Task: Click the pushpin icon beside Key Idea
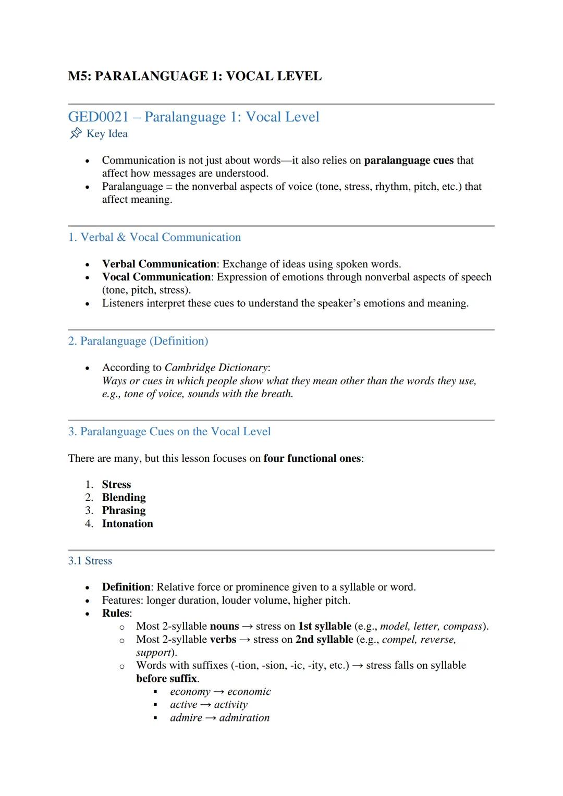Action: point(76,133)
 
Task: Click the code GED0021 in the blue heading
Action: point(98,117)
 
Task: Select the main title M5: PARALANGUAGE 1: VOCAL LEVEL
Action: point(194,76)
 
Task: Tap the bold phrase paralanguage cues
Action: point(408,160)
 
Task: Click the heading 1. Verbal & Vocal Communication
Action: point(154,237)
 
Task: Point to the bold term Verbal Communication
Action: point(159,264)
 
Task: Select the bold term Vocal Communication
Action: point(156,277)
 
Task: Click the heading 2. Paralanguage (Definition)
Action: point(138,341)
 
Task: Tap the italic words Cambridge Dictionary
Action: point(216,368)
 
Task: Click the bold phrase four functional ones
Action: point(312,458)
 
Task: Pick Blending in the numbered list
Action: point(124,497)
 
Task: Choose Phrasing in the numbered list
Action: point(124,510)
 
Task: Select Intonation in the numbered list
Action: point(127,523)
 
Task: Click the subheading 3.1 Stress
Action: point(90,561)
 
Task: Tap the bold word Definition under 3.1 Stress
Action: point(126,587)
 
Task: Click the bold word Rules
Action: point(116,613)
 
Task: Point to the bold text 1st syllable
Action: point(324,626)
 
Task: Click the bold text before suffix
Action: point(166,678)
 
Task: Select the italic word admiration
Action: point(244,718)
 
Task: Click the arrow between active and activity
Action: point(206,705)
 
